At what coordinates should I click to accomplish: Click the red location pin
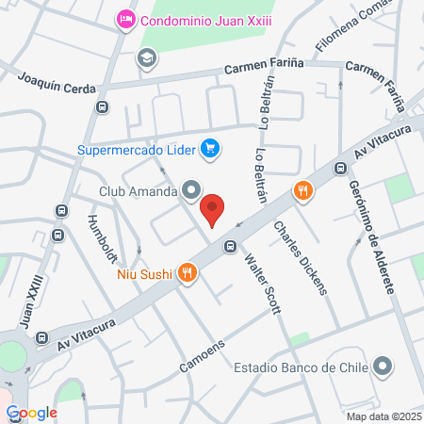point(213,209)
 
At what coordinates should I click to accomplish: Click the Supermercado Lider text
point(139,148)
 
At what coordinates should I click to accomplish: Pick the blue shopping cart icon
point(210,148)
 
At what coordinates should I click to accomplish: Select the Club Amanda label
point(139,191)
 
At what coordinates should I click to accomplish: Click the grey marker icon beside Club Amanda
point(191,191)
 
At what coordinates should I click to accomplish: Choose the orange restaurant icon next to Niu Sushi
point(188,273)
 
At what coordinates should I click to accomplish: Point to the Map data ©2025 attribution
point(383,416)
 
